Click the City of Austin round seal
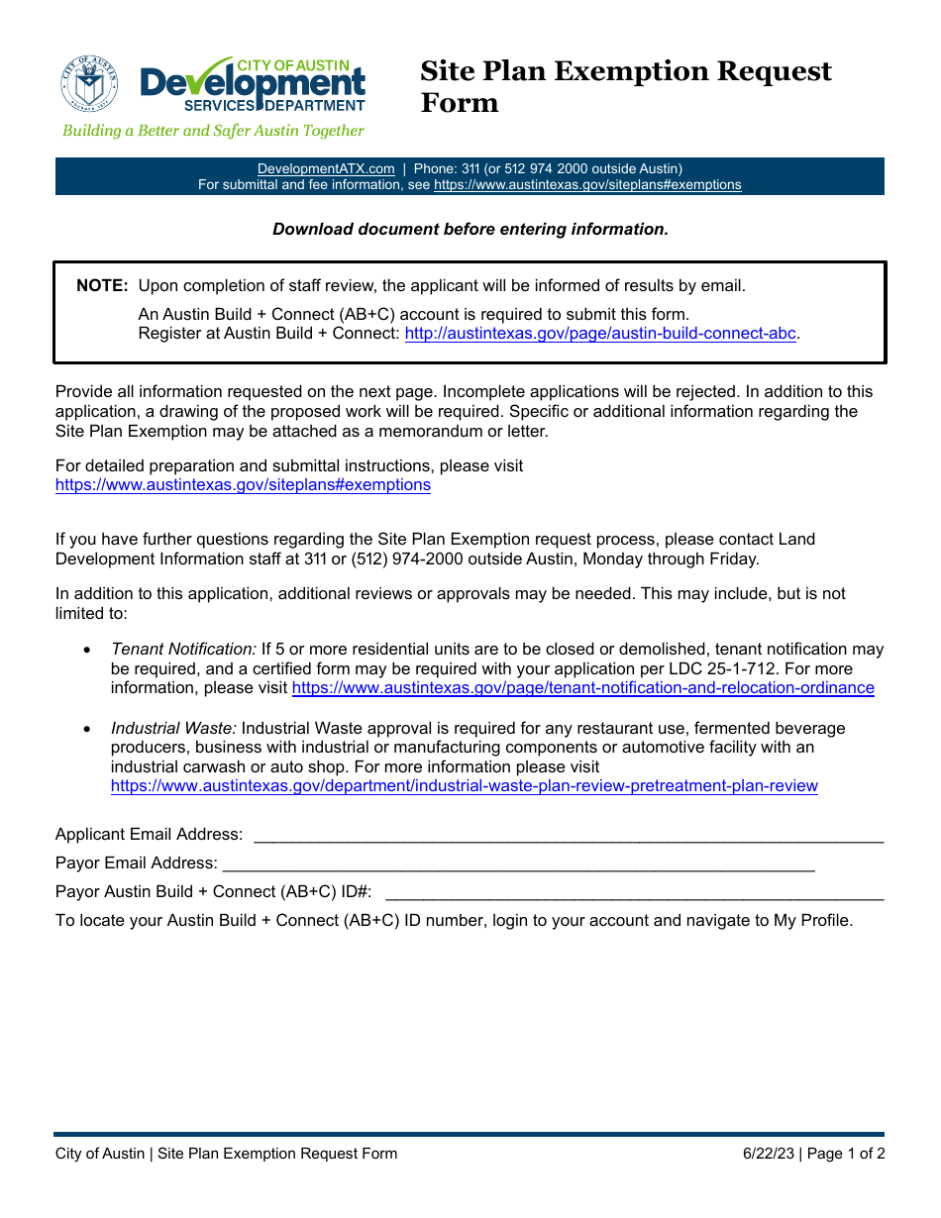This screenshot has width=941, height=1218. click(89, 83)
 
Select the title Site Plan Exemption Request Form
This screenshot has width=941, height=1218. click(625, 86)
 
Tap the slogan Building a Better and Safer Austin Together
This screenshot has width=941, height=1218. click(213, 131)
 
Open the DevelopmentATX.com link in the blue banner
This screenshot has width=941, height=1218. click(326, 169)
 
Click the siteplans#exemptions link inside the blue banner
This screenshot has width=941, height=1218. click(587, 185)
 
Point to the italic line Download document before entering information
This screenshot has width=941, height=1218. click(470, 229)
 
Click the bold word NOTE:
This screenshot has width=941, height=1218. click(102, 286)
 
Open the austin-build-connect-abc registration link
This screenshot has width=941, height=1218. click(600, 334)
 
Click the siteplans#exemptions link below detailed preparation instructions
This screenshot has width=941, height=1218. click(243, 485)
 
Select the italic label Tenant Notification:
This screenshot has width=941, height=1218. click(183, 650)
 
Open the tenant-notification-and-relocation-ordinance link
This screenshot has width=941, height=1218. click(582, 688)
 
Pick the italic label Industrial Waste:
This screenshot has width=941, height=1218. click(173, 729)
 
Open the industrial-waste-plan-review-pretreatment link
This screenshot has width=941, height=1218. click(464, 786)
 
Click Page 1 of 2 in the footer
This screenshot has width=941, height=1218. click(846, 1154)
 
